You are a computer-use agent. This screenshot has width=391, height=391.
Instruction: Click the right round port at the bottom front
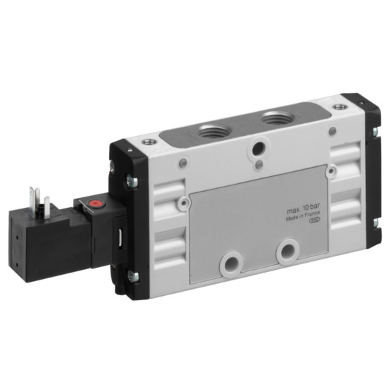pos(287,251)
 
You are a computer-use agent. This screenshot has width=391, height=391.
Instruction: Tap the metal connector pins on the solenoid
pos(39,199)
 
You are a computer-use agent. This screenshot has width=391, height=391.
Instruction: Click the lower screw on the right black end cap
pos(376,223)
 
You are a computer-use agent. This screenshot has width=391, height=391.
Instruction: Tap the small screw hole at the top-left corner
pos(147,142)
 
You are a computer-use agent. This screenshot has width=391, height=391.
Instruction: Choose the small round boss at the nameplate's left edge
pos(185,204)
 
